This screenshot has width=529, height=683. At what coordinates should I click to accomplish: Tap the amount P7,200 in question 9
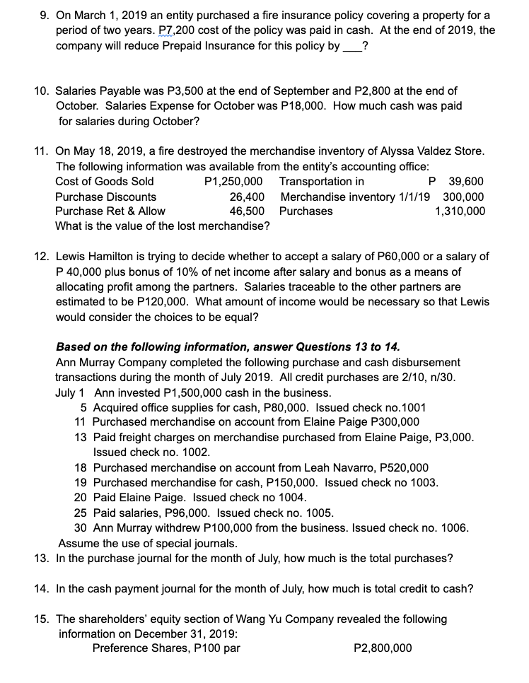182,30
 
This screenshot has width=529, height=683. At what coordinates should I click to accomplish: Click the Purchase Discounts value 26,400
247,196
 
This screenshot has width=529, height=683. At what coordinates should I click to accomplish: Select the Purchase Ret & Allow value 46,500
247,211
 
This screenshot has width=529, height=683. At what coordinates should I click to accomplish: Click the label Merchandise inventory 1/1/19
359,196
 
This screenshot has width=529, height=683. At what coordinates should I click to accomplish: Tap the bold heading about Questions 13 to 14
227,346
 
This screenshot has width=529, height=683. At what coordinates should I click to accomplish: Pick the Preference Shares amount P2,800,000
382,648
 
